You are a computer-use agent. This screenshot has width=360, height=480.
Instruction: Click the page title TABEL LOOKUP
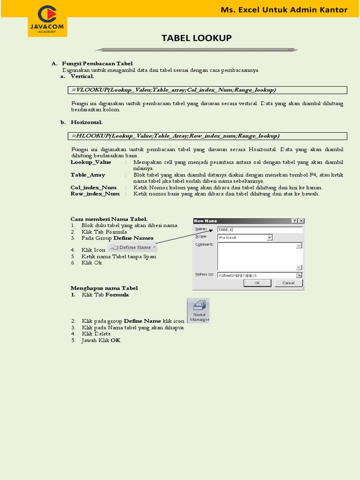[196, 38]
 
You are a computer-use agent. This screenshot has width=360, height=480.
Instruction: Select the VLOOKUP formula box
[209, 90]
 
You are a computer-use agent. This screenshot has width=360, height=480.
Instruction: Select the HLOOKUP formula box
[209, 136]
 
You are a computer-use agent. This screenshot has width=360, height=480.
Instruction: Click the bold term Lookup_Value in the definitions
[91, 162]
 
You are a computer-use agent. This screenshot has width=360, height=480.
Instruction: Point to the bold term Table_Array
[88, 175]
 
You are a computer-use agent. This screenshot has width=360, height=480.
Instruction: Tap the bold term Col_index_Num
[93, 187]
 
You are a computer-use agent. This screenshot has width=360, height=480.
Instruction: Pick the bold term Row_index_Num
[95, 194]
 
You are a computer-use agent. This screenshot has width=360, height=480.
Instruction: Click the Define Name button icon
[133, 247]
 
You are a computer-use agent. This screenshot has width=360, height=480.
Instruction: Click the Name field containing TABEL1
[259, 230]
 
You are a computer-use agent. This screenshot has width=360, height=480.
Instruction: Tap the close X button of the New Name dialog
[301, 221]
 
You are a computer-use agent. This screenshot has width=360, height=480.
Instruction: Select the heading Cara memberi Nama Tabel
[109, 218]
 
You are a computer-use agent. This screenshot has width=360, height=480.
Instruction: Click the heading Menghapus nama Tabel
[104, 288]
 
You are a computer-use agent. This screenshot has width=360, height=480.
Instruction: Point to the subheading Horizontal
[87, 122]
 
